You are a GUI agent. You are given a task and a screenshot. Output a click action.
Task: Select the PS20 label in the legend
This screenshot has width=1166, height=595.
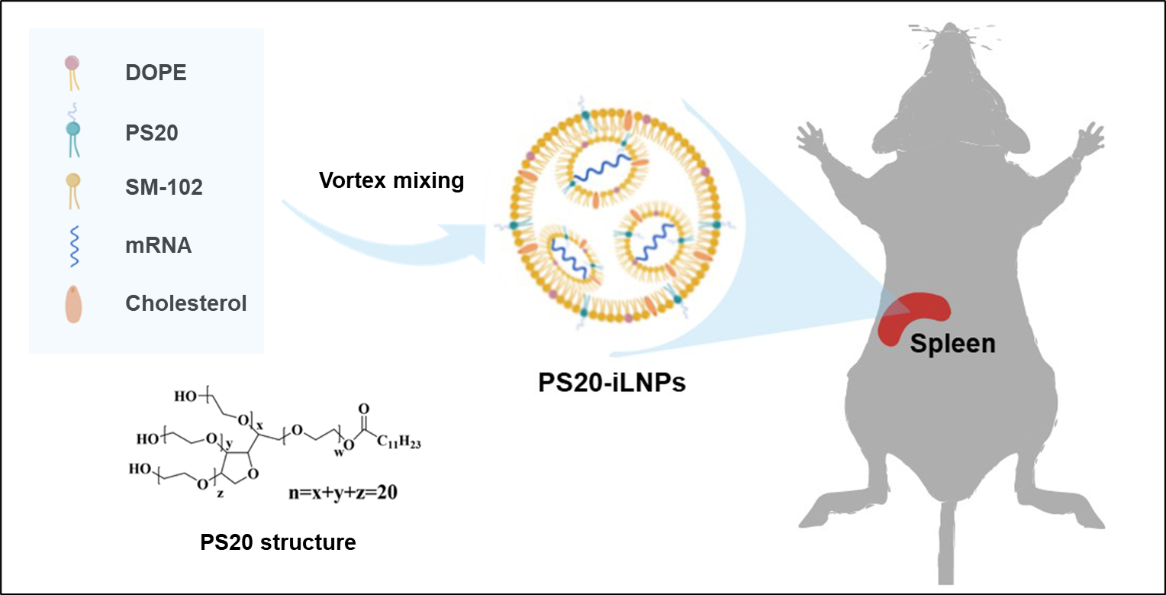tap(152, 132)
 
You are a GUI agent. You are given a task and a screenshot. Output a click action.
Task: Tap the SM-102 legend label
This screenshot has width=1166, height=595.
tap(164, 187)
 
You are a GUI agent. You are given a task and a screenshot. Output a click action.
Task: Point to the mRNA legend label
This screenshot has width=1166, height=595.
tap(159, 246)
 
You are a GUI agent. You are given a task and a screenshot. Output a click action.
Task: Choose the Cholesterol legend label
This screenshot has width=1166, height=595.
tap(185, 303)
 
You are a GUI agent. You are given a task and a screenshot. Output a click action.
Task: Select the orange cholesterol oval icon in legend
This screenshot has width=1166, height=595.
tap(73, 304)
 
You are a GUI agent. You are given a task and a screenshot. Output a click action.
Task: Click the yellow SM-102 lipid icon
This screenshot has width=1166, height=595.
tap(73, 188)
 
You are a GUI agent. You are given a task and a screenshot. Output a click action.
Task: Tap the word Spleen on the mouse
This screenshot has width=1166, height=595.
tap(953, 343)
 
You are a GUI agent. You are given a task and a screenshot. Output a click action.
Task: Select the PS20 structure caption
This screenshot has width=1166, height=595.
tap(278, 542)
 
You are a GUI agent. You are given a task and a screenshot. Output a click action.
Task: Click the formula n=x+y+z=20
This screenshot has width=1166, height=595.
tap(337, 493)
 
